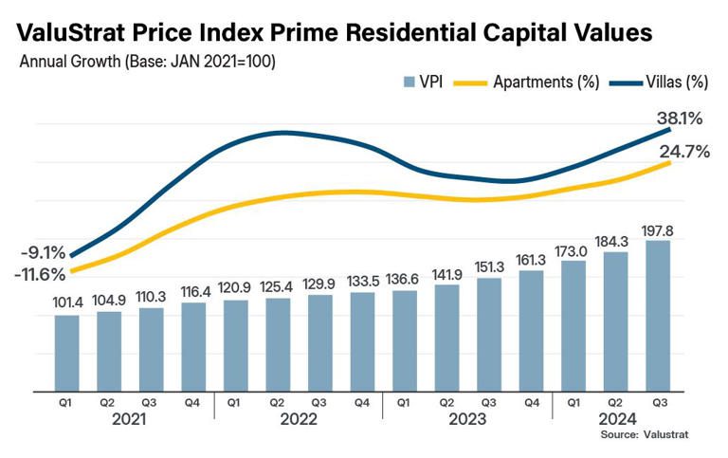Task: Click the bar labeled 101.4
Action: [67, 352]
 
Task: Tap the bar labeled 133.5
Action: [363, 341]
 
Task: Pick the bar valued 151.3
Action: [490, 333]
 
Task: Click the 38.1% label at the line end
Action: [679, 119]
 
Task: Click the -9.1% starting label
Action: [43, 253]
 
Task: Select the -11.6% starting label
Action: [40, 275]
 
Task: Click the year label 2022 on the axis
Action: [299, 420]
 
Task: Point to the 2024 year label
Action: [617, 420]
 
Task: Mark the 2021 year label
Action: [130, 420]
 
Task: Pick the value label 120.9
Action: [236, 287]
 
